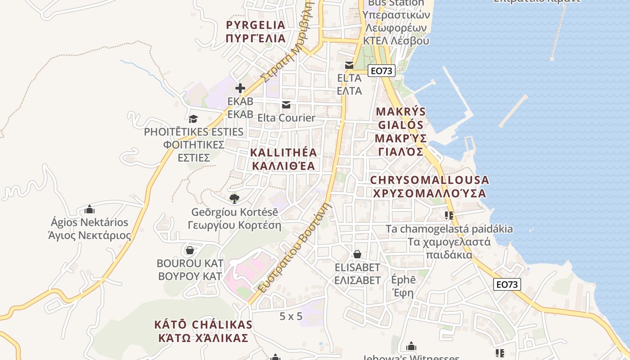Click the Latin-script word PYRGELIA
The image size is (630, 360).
[x=256, y=25]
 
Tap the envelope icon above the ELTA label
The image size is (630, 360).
[x=349, y=65]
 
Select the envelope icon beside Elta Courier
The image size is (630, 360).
[x=286, y=105]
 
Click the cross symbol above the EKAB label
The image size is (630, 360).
[x=240, y=88]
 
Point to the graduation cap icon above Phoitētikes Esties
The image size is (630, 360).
[x=193, y=119]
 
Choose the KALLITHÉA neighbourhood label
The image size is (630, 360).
[x=283, y=153]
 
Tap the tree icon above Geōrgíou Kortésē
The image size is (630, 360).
[x=234, y=198]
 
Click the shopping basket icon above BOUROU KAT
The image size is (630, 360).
[x=190, y=250]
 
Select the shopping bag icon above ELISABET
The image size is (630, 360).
[x=357, y=254]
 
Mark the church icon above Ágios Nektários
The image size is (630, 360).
[x=90, y=209]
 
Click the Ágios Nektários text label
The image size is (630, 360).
[x=90, y=222]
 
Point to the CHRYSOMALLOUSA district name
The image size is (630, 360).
[x=429, y=180]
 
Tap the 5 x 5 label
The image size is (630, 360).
[x=291, y=316]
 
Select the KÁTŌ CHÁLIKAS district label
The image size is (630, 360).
[x=203, y=324]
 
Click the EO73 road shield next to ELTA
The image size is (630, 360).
[x=381, y=71]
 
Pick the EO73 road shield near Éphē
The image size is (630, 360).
[x=507, y=284]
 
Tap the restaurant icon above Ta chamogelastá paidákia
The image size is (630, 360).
[x=449, y=216]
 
